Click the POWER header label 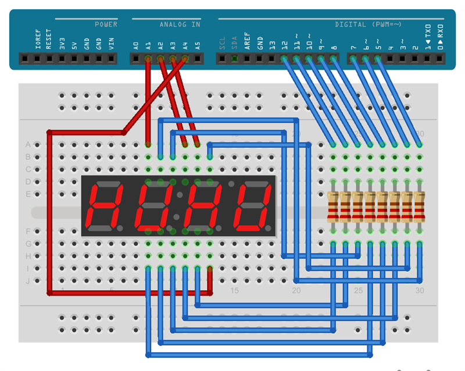tap(106, 24)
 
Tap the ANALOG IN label tap(180, 24)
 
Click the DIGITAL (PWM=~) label tap(368, 24)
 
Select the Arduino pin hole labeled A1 tap(148, 59)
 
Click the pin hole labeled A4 tap(185, 59)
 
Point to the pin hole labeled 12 tap(284, 59)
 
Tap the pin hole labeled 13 tap(271, 59)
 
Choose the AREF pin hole tap(247, 59)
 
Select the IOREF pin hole tap(37, 59)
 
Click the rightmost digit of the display tap(253, 206)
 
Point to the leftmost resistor tap(333, 207)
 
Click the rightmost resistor tap(419, 207)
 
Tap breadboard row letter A tap(27, 145)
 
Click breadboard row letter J tap(27, 281)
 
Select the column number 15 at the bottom tap(234, 290)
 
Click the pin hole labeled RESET tap(49, 59)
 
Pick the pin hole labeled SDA tap(235, 59)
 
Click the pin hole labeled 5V tap(74, 59)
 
